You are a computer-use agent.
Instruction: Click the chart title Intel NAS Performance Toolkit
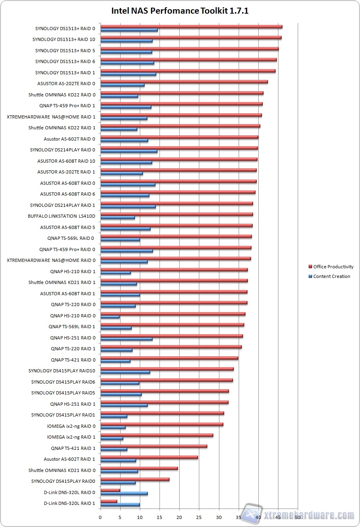pyautogui.click(x=180, y=11)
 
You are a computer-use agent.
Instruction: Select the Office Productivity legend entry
pyautogui.click(x=333, y=267)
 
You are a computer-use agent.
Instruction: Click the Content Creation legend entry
pyautogui.click(x=331, y=276)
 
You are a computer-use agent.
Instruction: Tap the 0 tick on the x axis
pyautogui.click(x=100, y=518)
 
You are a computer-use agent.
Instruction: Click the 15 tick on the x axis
pyautogui.click(x=160, y=518)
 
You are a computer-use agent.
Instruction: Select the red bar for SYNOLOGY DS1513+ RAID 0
pyautogui.click(x=191, y=27)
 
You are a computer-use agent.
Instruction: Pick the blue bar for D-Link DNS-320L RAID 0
pyautogui.click(x=124, y=493)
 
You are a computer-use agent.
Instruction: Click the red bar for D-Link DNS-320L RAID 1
pyautogui.click(x=109, y=501)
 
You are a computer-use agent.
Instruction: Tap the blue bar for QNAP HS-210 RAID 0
pyautogui.click(x=110, y=317)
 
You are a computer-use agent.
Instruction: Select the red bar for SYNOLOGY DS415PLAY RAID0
pyautogui.click(x=135, y=479)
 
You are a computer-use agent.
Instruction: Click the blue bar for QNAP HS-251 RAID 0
pyautogui.click(x=127, y=339)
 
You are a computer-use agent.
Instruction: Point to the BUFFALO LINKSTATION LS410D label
pyautogui.click(x=61, y=216)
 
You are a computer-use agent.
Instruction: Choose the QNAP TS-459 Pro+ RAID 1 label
pyautogui.click(x=67, y=106)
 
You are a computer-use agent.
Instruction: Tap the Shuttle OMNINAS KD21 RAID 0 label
pyautogui.click(x=62, y=470)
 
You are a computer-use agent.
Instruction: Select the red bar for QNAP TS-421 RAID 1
pyautogui.click(x=154, y=446)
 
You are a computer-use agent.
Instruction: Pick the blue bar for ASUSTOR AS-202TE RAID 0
pyautogui.click(x=123, y=85)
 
